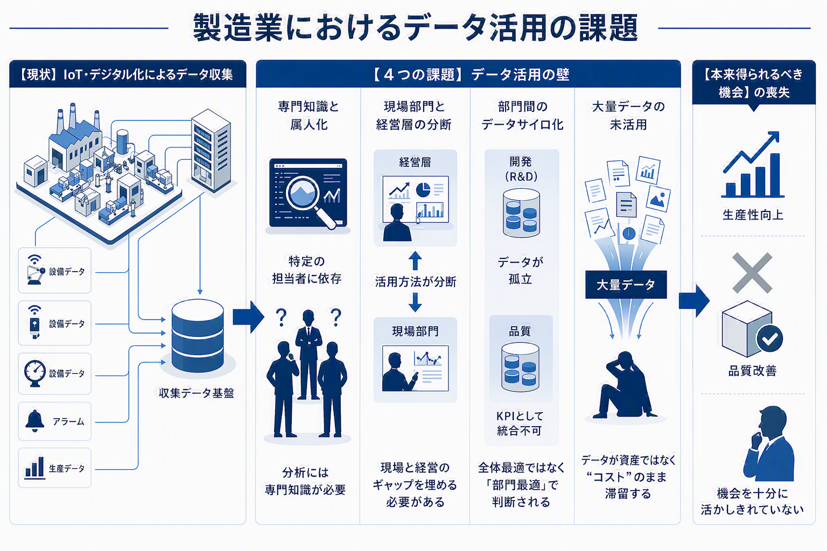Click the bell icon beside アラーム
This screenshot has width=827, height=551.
34,421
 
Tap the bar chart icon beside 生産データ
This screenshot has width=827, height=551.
34,468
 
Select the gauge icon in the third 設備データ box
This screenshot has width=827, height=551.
34,373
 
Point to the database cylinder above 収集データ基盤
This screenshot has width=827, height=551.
198,336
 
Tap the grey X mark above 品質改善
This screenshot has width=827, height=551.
752,273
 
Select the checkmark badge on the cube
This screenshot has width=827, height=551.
769,338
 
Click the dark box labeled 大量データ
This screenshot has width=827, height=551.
626,285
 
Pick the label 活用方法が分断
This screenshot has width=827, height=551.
415,281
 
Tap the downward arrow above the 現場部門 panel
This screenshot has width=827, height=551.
415,302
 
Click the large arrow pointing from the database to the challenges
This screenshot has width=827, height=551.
248,316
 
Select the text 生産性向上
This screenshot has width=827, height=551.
753,215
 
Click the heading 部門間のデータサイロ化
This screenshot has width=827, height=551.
522,116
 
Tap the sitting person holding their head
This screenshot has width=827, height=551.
626,385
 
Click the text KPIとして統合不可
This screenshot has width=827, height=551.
520,423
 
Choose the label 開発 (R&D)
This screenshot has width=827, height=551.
521,169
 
